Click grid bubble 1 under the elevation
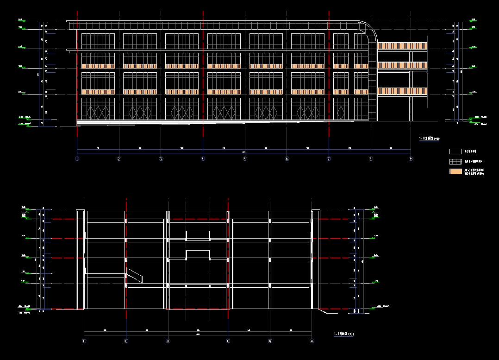coord(77,159)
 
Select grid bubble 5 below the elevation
coord(245,159)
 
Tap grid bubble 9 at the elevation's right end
coord(411,159)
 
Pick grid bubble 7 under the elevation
coord(329,159)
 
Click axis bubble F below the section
coord(84,341)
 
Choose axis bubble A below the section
coord(312,341)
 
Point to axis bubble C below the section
coord(228,341)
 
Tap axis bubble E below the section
coord(126,341)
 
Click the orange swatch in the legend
coord(456,171)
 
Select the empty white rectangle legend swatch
coord(456,151)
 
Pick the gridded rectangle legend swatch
coord(456,161)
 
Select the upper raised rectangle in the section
coord(198,235)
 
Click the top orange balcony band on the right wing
coord(402,46)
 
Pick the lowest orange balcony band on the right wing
coord(402,91)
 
